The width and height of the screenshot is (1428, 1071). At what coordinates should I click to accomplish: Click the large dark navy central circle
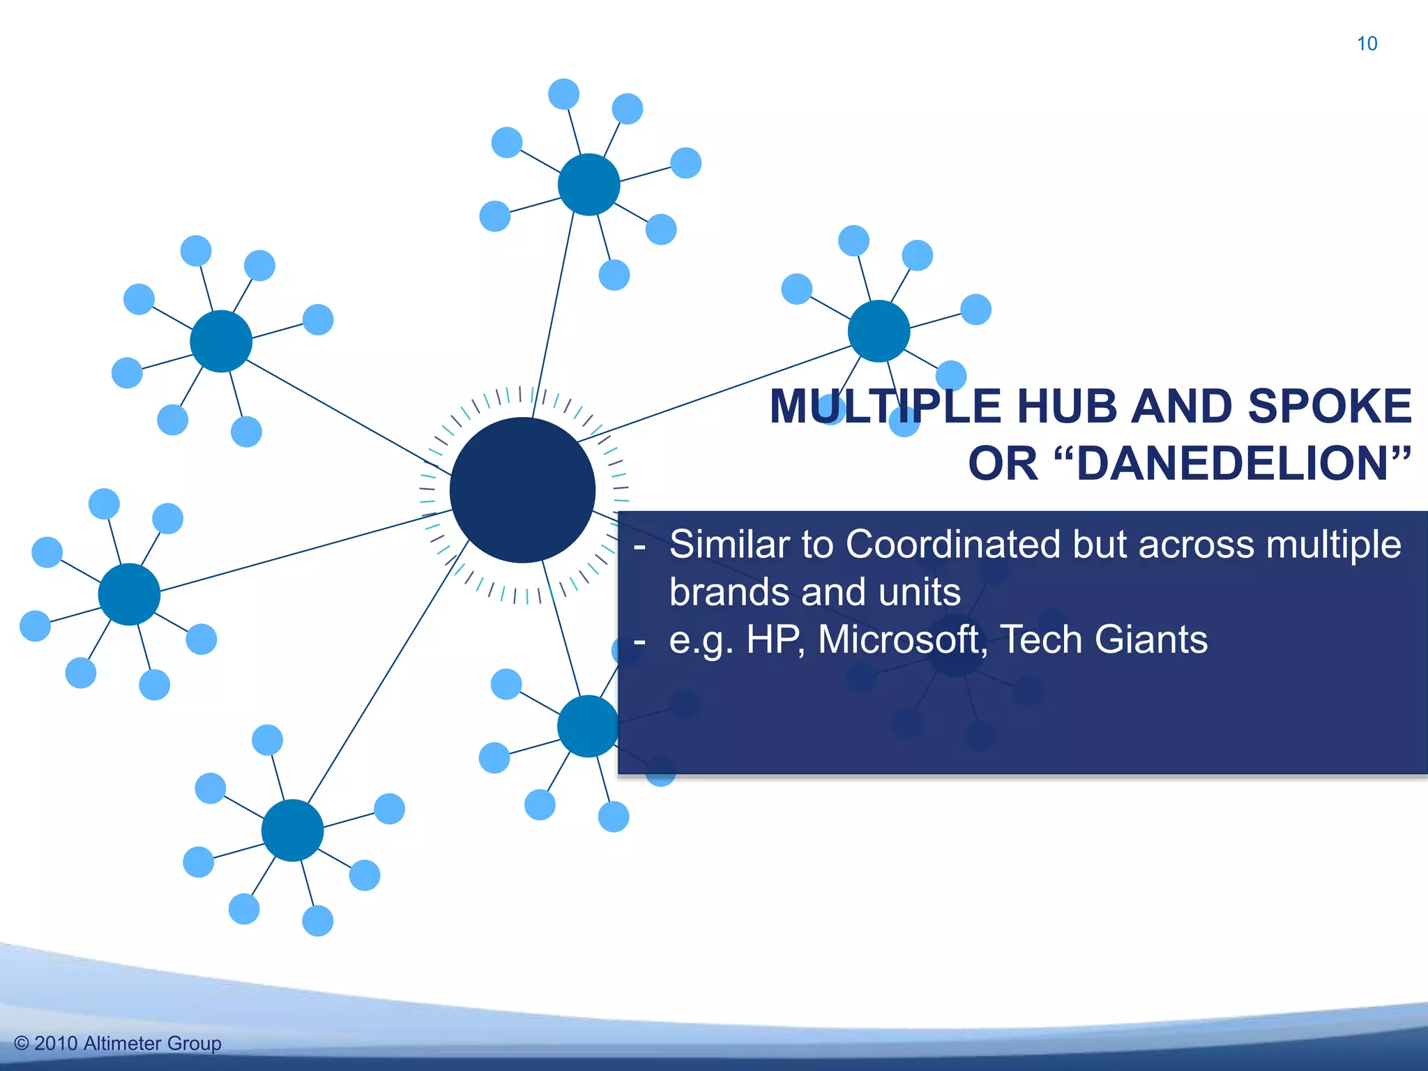point(522,490)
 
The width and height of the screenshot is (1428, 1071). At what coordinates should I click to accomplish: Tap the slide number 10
point(1367,44)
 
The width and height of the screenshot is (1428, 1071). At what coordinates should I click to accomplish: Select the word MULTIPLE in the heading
point(886,407)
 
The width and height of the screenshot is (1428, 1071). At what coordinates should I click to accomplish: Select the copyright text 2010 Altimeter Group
point(119,1043)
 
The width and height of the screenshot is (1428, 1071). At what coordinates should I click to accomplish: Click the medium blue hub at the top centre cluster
point(589,184)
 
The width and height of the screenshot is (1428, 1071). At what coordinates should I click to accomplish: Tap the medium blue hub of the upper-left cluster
point(221,341)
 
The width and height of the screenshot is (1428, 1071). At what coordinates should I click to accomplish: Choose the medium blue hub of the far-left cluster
point(129,594)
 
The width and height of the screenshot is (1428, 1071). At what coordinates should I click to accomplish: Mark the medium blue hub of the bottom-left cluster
point(292,830)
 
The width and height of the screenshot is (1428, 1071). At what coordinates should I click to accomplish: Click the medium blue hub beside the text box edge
point(587,726)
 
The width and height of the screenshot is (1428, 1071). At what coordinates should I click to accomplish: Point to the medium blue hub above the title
point(879,331)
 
